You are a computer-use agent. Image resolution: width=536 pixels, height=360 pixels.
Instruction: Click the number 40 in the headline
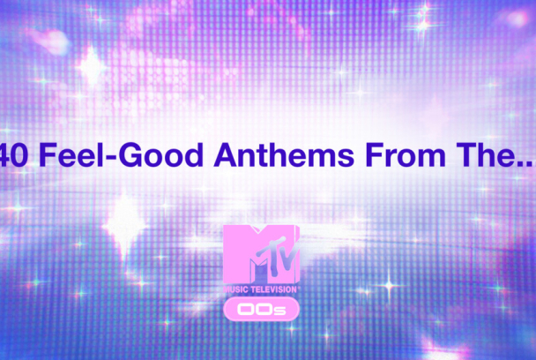(x=17, y=156)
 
